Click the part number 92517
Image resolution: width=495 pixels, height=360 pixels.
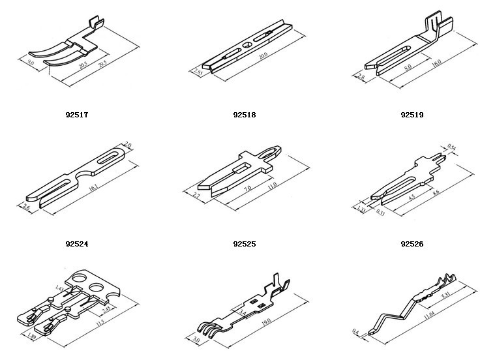pos(77,115)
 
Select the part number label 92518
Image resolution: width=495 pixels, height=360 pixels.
pos(244,115)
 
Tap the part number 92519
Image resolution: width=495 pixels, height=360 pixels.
pos(412,115)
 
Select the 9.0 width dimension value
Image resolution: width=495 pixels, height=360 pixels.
pos(31,63)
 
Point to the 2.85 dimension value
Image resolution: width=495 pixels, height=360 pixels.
pos(200,72)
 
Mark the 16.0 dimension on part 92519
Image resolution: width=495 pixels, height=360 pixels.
pos(436,62)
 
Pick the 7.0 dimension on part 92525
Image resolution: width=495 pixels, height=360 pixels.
pos(248,189)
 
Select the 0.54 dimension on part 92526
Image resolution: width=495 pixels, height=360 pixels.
pos(451,148)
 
